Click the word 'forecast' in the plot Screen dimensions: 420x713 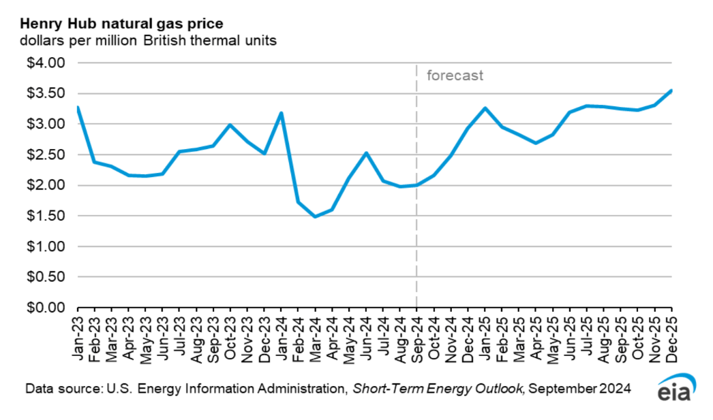pyautogui.click(x=455, y=76)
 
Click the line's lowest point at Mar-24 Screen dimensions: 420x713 pyautogui.click(x=315, y=216)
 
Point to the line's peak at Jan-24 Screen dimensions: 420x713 pyautogui.click(x=281, y=113)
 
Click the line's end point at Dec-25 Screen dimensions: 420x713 pyautogui.click(x=671, y=91)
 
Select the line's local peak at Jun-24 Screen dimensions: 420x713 pyautogui.click(x=366, y=153)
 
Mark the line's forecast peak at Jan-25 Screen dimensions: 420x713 pyautogui.click(x=485, y=108)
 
